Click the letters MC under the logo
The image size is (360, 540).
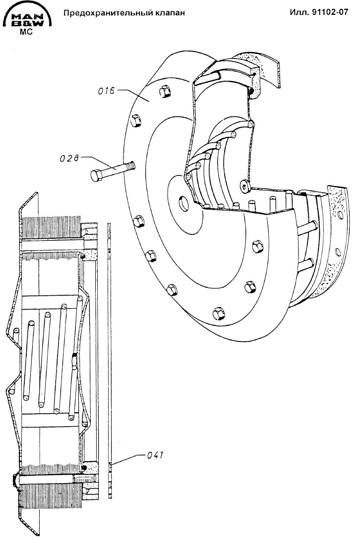coord(26,32)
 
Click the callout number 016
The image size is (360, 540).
coord(106,91)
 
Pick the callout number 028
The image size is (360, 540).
coord(69,158)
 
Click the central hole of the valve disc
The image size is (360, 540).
coord(184,203)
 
